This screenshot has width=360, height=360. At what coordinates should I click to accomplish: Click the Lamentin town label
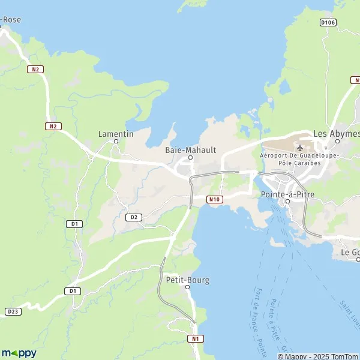tap(116, 134)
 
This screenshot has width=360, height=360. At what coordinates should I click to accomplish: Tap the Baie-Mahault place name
tap(190, 150)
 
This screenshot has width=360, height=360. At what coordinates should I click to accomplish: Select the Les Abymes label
tap(337, 134)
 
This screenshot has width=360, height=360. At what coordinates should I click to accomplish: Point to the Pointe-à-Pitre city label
tap(285, 194)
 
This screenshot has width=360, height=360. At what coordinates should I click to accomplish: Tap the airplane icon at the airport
tap(300, 148)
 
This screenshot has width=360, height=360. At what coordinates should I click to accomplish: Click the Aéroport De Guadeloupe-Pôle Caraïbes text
tap(299, 159)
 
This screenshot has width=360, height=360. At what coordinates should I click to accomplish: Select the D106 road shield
tap(328, 23)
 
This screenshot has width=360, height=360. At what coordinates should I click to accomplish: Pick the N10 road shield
tap(215, 199)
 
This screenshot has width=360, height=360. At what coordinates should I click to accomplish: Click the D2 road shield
tap(134, 217)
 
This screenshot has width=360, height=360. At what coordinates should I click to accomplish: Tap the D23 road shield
tap(13, 311)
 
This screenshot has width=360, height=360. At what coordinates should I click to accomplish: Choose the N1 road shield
tap(194, 338)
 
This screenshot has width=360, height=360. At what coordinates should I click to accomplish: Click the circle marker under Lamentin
tap(116, 142)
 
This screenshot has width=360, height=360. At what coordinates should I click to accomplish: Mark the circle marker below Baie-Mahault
tap(191, 158)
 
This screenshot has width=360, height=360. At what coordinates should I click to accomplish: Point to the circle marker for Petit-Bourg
tap(187, 287)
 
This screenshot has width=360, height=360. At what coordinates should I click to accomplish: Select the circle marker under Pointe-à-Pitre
tap(287, 202)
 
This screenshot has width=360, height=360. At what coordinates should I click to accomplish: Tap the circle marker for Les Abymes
tap(337, 142)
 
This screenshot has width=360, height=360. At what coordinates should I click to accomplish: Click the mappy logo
tap(19, 353)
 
